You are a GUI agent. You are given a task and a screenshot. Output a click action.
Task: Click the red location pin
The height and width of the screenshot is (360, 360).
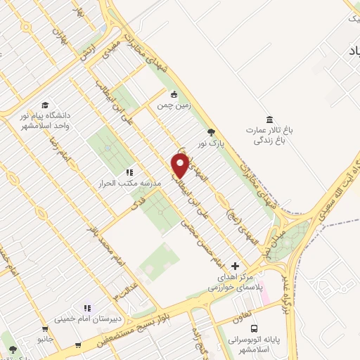click(181, 166)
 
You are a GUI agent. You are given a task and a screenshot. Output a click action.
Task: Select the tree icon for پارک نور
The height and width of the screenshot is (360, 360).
click(210, 131)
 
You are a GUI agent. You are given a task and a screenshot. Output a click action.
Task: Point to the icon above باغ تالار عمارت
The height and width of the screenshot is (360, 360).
click(267, 119)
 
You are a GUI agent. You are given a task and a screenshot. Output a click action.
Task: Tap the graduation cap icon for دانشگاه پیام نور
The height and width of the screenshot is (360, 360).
click(44, 104)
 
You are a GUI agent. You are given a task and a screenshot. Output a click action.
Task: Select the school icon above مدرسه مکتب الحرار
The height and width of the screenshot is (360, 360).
click(129, 172)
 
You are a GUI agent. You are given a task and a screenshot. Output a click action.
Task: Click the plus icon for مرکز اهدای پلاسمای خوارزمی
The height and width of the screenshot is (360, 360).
click(235, 266)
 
